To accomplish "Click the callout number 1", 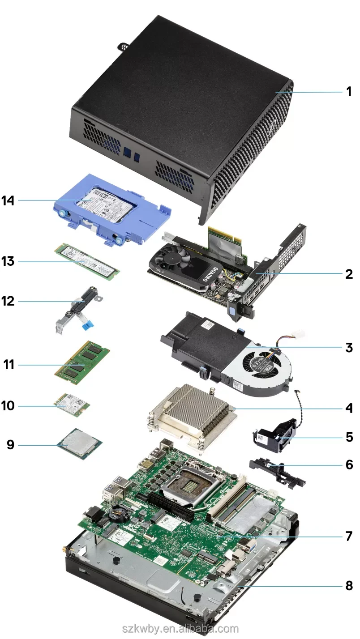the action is (348, 92).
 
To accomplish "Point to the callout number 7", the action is (348, 536).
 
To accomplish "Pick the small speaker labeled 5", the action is (273, 436).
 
